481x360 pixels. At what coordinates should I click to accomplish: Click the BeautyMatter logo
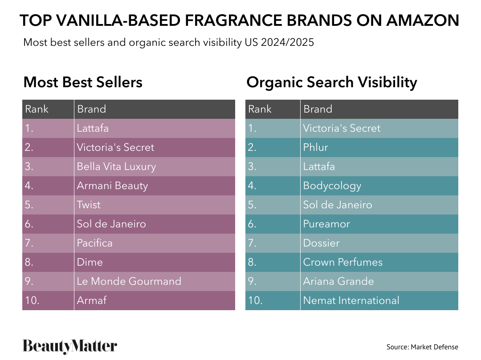coord(70,347)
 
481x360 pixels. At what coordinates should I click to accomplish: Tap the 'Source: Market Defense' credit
coord(422,347)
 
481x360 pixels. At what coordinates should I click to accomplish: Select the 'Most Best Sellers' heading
coord(83,82)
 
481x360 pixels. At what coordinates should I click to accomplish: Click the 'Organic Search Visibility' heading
coord(331,82)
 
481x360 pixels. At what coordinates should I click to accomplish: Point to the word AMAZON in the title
coord(422,20)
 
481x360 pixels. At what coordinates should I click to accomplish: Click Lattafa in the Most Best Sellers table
coord(93,129)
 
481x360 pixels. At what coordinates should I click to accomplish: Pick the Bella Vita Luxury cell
coord(116,167)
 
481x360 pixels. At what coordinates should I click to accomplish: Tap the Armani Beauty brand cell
coord(112,186)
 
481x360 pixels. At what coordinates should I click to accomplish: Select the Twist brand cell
coord(89,205)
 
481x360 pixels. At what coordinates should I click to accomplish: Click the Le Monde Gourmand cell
coord(129,282)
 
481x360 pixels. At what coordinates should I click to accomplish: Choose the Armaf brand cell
coord(92,301)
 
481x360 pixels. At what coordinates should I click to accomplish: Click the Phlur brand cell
coord(315,148)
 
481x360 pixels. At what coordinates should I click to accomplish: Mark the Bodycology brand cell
coord(332,186)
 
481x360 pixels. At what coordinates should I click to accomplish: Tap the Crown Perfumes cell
coord(342,263)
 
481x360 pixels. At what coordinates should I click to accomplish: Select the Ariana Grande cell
coord(338,282)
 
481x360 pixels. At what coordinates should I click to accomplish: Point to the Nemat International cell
coord(351,301)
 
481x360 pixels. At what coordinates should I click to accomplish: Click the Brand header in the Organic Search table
coord(318,109)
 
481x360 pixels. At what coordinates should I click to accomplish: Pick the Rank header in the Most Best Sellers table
coord(37,109)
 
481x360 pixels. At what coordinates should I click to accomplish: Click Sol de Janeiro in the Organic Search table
coord(337,205)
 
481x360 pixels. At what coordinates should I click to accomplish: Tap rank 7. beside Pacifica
coord(29,243)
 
